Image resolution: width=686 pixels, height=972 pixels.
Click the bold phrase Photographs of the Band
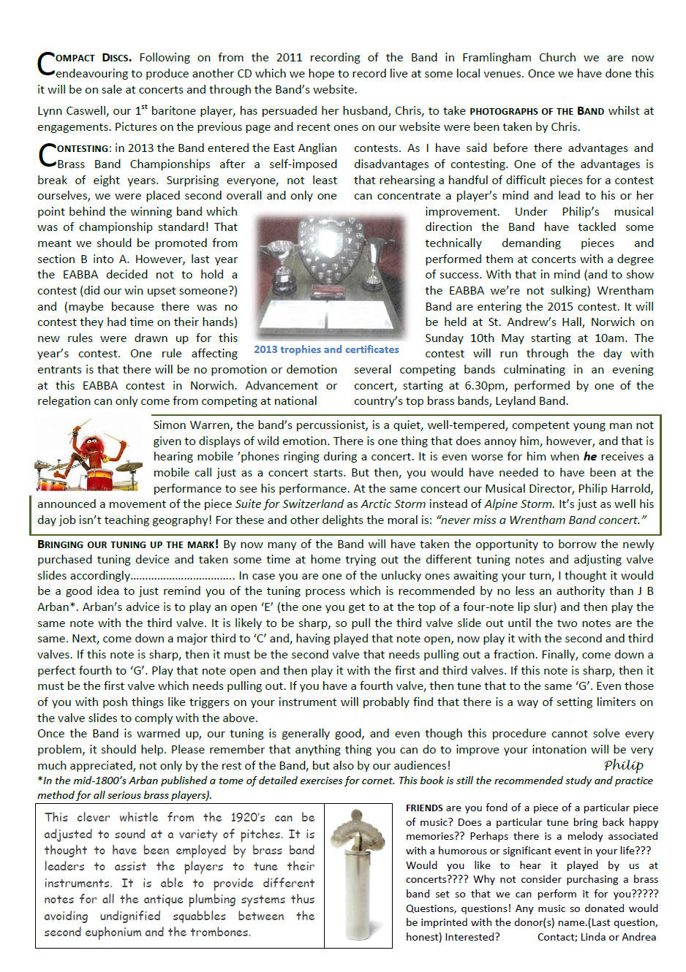click(537, 112)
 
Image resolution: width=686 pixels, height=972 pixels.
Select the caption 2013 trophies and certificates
click(326, 350)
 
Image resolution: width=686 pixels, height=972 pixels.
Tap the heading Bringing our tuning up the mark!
click(128, 544)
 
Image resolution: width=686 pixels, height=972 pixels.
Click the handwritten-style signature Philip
click(623, 765)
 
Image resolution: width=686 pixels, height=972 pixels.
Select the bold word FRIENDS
click(424, 808)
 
